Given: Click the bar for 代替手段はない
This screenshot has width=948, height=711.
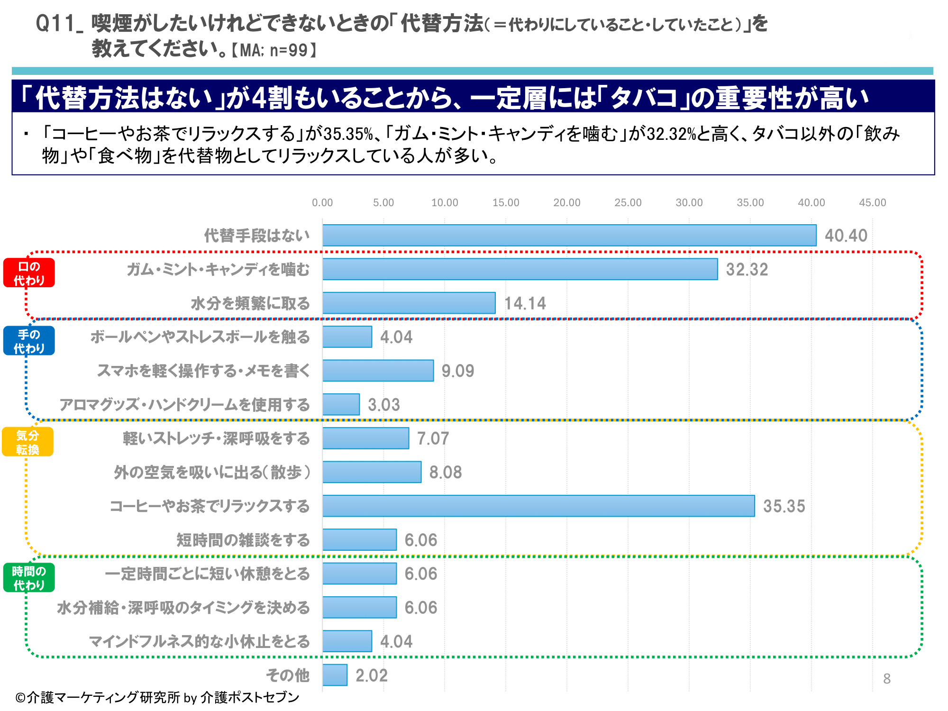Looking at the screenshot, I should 569,236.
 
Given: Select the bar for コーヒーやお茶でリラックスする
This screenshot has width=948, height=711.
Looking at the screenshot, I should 538,506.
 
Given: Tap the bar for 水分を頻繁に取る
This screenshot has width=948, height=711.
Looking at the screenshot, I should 409,303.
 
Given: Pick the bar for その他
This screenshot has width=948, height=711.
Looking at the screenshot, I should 335,675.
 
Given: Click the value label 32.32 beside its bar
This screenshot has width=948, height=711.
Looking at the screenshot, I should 747,270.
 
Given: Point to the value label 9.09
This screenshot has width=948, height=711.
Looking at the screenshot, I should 457,371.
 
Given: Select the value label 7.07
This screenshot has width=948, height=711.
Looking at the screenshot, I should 433,438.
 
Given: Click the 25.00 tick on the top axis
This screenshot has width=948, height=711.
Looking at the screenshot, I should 628,203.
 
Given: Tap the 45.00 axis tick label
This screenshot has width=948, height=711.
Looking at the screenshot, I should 872,203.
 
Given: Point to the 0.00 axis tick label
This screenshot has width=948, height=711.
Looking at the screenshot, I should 322,203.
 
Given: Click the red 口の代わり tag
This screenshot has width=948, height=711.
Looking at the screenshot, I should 29,273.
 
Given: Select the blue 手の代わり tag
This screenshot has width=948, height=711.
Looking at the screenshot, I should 29,341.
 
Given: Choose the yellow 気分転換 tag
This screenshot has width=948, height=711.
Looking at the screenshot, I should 27,442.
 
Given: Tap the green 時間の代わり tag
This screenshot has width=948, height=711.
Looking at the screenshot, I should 29,578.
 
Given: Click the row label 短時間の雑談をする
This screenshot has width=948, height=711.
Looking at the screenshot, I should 243,540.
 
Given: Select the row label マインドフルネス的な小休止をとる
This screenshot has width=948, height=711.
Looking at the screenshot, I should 199,641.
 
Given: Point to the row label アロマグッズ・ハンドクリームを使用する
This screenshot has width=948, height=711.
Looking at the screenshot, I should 184,405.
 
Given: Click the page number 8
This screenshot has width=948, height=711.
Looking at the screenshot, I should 887,679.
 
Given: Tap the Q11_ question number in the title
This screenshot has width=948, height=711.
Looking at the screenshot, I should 59,24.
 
